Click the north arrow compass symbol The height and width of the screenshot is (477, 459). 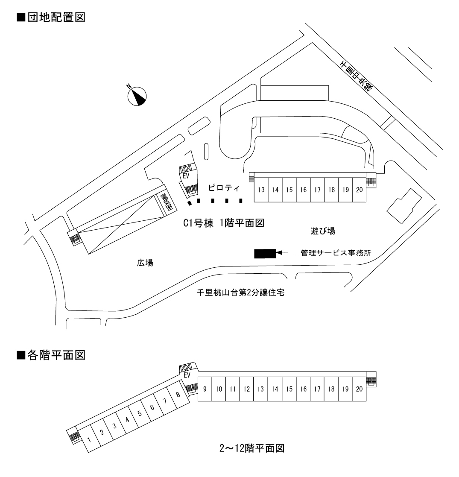point(137,96)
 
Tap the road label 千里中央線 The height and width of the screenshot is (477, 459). point(356,75)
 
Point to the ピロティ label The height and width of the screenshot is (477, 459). point(222,187)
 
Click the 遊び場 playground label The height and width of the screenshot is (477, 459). point(322,231)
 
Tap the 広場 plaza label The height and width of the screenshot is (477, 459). point(142,263)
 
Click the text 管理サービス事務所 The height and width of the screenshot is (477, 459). point(336,253)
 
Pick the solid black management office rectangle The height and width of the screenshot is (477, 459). point(265,254)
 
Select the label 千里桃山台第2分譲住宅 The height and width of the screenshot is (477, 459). point(247,293)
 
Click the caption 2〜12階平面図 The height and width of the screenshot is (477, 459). point(251,448)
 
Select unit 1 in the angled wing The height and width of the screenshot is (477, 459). point(89,439)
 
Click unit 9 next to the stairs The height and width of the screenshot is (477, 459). point(205,389)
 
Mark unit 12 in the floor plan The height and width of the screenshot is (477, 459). point(246,389)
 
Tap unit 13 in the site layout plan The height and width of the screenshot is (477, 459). point(261,190)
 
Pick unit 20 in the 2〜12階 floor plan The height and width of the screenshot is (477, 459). point(359,389)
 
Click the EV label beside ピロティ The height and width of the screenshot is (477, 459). point(185,174)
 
